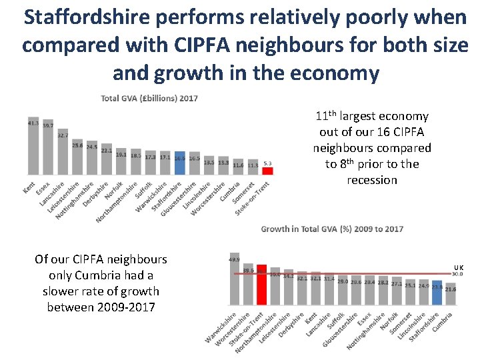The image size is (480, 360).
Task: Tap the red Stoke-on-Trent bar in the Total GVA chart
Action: pyautogui.click(x=267, y=170)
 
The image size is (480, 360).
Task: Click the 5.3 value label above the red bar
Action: pyautogui.click(x=267, y=163)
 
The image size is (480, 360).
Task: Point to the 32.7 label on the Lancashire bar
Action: pyautogui.click(x=63, y=135)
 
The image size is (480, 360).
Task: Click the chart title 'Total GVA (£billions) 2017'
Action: pyautogui.click(x=149, y=99)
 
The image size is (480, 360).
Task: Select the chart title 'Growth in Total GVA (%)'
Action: pyautogui.click(x=332, y=229)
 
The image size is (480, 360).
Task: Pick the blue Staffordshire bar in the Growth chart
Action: pyautogui.click(x=437, y=297)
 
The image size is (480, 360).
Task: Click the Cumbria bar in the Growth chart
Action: pyautogui.click(x=451, y=298)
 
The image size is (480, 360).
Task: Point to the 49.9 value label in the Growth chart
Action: pyautogui.click(x=234, y=259)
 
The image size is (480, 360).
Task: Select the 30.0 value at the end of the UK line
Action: pyautogui.click(x=458, y=274)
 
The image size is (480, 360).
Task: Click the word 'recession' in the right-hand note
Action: pyautogui.click(x=372, y=180)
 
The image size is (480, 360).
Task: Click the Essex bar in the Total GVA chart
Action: pyautogui.click(x=48, y=148)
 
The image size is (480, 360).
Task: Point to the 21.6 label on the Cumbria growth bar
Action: pyautogui.click(x=451, y=289)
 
